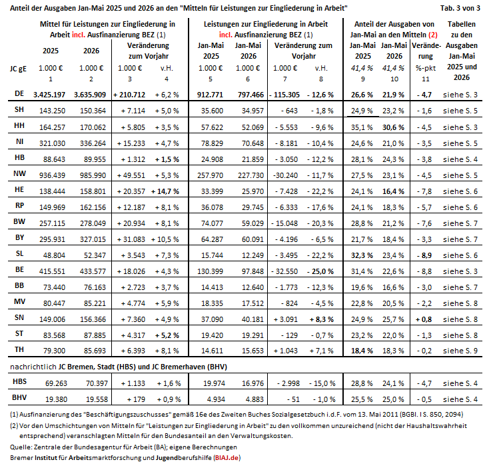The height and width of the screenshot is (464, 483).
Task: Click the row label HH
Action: [19, 125]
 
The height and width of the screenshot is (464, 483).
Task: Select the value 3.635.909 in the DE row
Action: [90, 95]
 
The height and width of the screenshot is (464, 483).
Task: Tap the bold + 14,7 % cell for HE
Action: [165, 191]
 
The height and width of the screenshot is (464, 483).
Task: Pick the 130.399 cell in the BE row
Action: [210, 271]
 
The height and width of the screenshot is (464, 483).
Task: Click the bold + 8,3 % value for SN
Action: [322, 319]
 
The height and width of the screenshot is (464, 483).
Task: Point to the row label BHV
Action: [19, 397]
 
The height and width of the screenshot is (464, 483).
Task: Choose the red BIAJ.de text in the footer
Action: [227, 457]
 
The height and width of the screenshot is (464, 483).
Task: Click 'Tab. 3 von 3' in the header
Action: [460, 8]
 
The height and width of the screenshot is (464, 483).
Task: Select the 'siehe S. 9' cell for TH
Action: [460, 351]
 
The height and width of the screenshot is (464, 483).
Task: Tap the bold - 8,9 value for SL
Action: [424, 255]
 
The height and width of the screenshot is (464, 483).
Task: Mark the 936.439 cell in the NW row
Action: [52, 175]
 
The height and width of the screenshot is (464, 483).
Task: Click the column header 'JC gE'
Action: [18, 69]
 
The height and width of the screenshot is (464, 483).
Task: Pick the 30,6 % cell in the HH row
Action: [393, 127]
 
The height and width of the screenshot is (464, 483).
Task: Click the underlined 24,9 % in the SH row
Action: [362, 111]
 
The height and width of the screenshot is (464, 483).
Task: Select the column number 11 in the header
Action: [426, 79]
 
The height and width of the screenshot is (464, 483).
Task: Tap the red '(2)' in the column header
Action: [433, 35]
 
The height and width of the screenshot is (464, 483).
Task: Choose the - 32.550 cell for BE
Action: [284, 271]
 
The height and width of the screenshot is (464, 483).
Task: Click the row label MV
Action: [19, 301]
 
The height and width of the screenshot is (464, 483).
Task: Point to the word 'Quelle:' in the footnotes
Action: [21, 447]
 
